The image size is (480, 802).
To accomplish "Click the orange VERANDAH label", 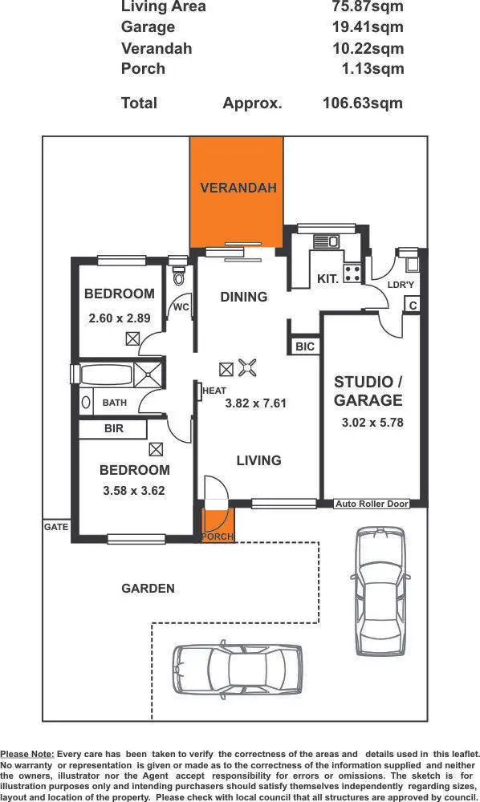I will click(x=238, y=188).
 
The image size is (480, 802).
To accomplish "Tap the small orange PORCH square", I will click(x=217, y=526).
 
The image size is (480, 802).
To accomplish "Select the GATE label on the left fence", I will click(x=56, y=527).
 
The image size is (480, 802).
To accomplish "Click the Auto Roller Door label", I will click(x=372, y=504).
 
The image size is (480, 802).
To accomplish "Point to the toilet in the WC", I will click(x=179, y=277).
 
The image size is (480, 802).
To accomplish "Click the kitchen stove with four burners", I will click(x=352, y=273).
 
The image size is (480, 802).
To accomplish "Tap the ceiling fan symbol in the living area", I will click(x=249, y=368).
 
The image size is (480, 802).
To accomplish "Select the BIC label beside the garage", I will click(x=305, y=346).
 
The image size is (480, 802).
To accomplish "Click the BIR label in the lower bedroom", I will click(x=113, y=429).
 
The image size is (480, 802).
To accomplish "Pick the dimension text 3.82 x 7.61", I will click(x=256, y=403).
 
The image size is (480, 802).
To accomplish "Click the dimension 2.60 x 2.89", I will click(x=119, y=318).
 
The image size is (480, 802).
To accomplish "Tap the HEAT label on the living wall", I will click(x=214, y=391).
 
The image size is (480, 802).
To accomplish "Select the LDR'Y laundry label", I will click(x=400, y=285).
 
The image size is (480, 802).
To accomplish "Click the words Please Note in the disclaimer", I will click(x=28, y=754).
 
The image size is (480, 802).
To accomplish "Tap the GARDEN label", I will click(x=148, y=588).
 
